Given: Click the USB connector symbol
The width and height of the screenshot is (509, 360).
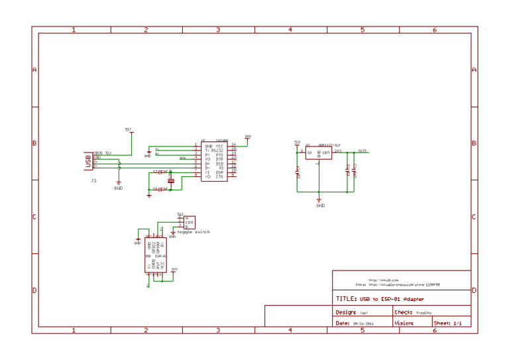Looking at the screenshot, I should point(87,160).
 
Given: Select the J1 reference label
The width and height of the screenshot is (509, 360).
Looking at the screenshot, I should point(93,180).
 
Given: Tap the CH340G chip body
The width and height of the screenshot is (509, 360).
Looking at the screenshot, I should point(214,161).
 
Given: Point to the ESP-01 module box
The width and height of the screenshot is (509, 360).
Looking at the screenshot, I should point(156,255).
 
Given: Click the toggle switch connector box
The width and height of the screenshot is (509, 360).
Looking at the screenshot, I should point(190,223).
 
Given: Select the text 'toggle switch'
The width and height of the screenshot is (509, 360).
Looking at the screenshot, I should point(194,232).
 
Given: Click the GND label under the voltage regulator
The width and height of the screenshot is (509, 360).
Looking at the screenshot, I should point(321,206).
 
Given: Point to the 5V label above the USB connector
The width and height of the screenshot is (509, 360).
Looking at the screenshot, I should point(128,129).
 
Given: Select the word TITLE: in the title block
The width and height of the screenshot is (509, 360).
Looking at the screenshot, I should point(347,299).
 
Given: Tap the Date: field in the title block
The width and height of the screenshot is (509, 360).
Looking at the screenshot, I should point(343,324).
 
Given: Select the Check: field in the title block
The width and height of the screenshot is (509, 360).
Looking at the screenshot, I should point(404,312).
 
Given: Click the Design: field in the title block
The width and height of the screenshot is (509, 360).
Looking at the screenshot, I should point(346,312).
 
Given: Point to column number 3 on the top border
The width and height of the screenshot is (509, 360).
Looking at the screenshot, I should point(218,30).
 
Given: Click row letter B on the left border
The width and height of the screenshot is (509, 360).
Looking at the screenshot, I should point(34,143).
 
